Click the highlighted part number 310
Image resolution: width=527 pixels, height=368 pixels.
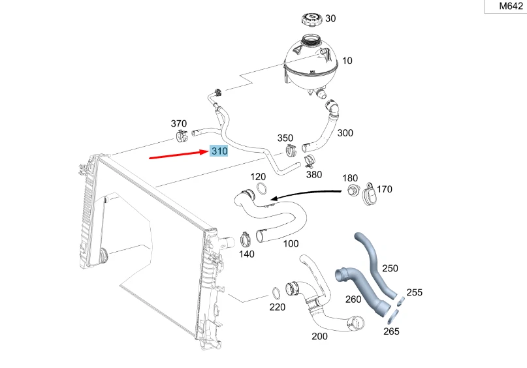(219, 152)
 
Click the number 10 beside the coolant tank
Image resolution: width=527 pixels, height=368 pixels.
(347, 61)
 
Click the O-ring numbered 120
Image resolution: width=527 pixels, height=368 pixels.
(261, 190)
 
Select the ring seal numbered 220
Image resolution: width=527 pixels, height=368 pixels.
(277, 291)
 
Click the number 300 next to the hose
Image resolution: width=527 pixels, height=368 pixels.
(345, 133)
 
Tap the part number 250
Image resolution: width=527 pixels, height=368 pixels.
(390, 268)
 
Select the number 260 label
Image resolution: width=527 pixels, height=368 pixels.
(353, 299)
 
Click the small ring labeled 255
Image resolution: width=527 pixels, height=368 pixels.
(399, 301)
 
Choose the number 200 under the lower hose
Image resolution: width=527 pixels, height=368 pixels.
(320, 336)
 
